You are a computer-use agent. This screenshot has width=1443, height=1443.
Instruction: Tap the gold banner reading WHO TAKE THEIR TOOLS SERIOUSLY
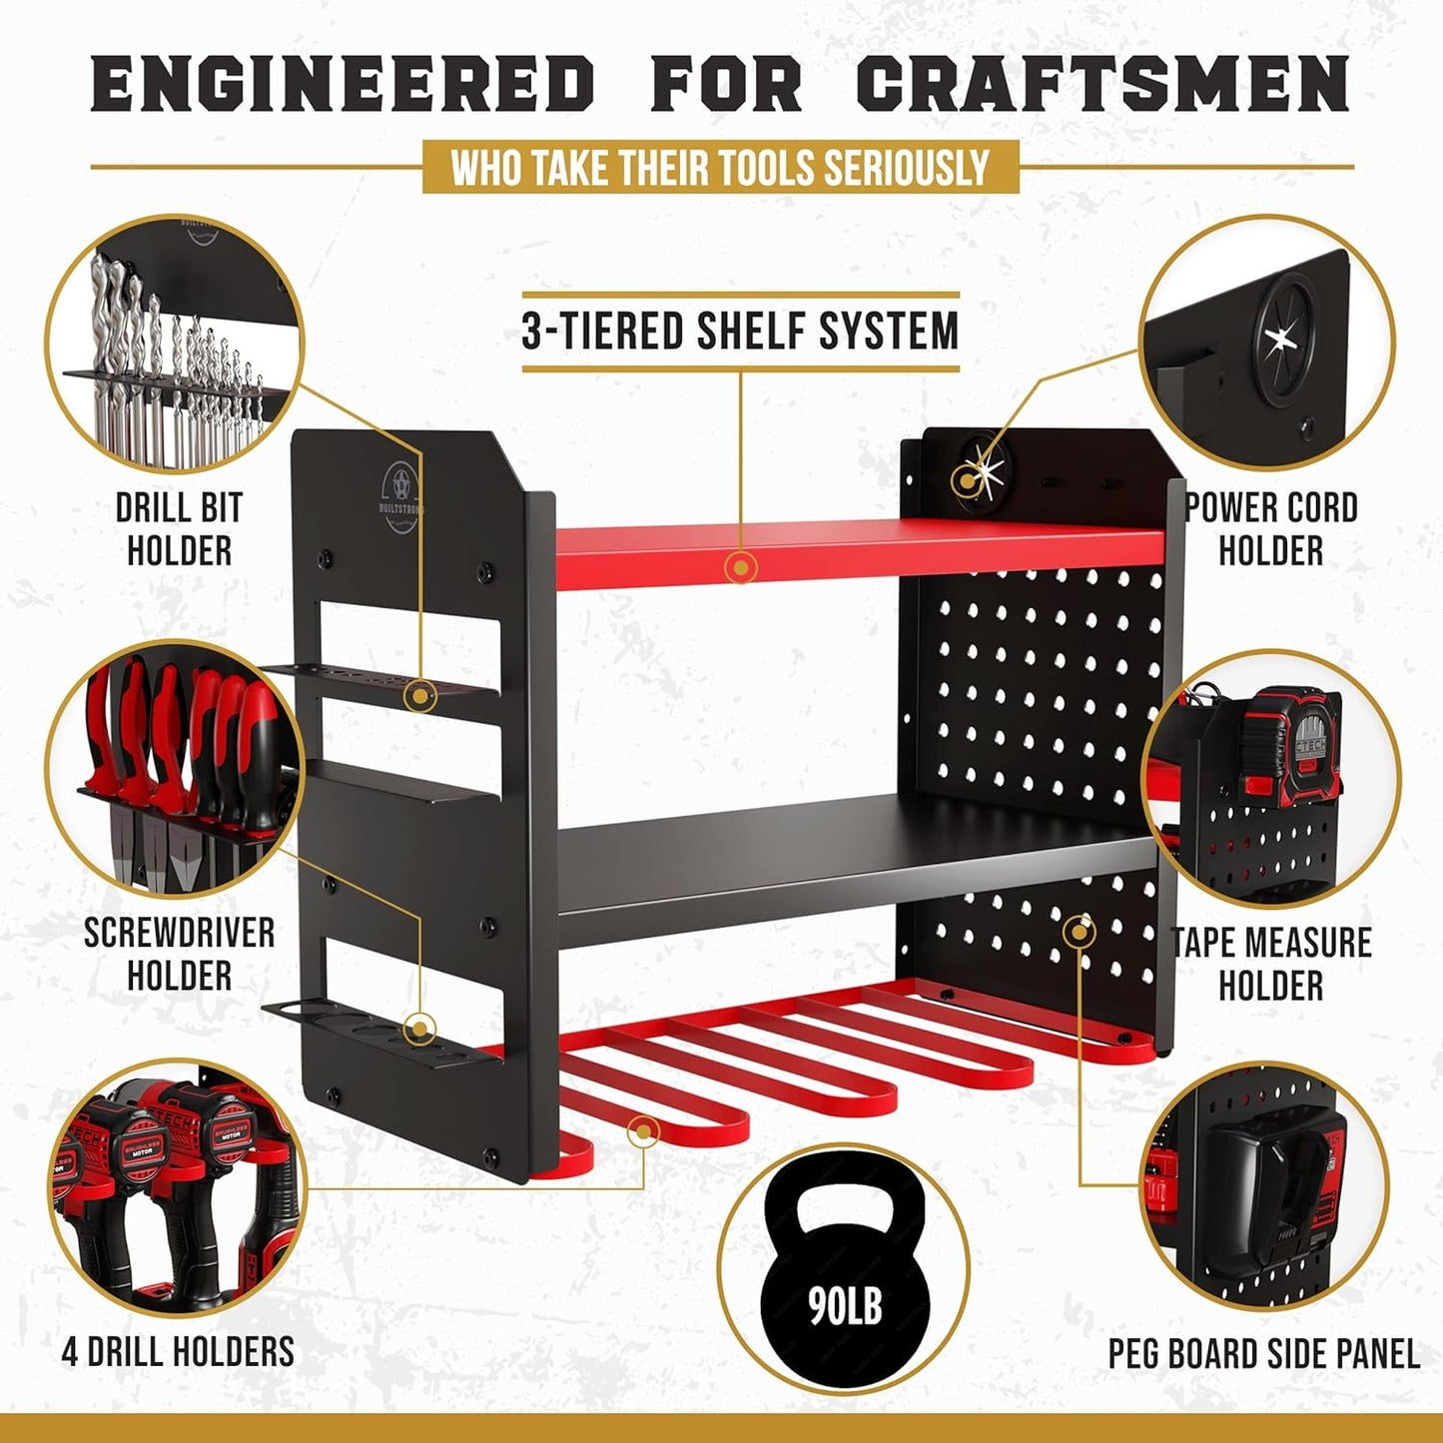coord(720,167)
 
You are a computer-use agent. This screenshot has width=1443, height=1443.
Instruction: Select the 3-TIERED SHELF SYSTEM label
coord(740,332)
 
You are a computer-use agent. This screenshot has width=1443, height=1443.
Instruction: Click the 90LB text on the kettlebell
coord(845,1303)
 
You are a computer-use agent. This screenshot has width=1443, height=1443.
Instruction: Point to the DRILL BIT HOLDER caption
coord(179,528)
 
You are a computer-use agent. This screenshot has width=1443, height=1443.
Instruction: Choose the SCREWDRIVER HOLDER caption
coord(179,953)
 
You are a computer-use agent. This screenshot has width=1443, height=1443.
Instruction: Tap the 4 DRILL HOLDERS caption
coord(178,1352)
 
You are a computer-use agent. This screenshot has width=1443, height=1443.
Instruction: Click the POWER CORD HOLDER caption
coord(1271,528)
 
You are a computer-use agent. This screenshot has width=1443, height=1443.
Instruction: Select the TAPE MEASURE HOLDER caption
coord(1271,963)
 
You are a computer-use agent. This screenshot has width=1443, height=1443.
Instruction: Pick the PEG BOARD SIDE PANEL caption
coord(1263,1354)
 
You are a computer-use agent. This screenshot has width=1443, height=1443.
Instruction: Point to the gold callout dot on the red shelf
coord(741,568)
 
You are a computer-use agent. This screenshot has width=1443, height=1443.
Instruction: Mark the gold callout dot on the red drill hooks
coord(644,1131)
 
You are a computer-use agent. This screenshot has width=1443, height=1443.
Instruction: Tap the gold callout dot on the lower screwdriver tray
coord(421,1028)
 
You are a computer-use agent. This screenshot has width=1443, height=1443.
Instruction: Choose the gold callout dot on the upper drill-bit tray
coord(421,693)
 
